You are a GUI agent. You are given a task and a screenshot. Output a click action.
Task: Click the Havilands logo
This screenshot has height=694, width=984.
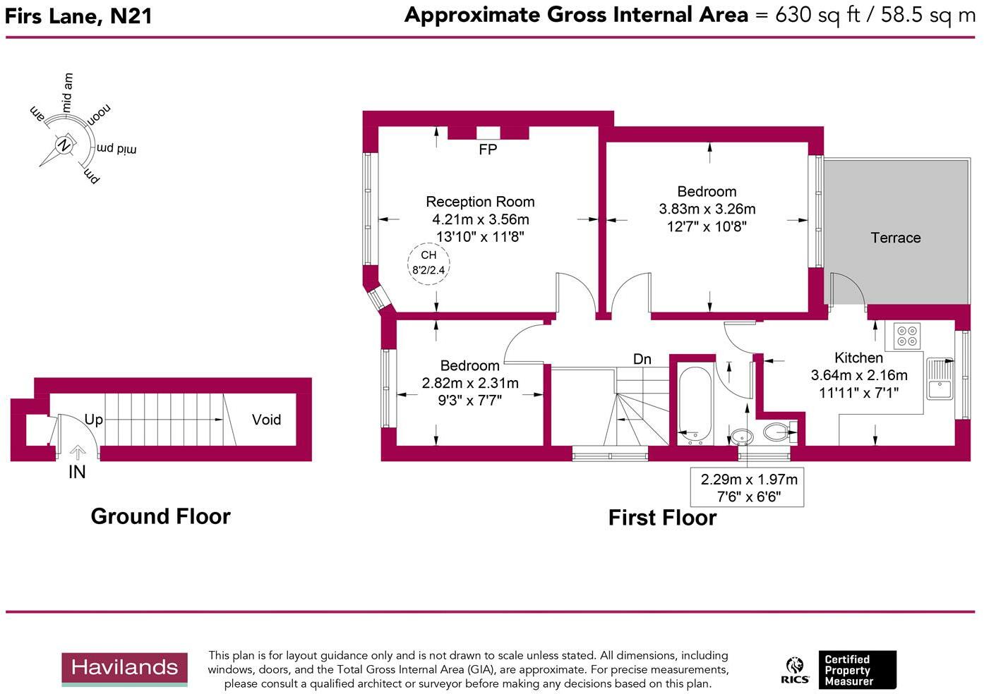[x=124, y=669]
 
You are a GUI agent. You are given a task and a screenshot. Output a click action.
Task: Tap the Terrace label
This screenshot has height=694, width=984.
[x=895, y=238]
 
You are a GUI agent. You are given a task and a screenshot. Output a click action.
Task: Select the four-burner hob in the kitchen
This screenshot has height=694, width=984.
[x=906, y=336]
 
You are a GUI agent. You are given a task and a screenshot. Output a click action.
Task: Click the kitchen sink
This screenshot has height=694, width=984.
[x=940, y=379]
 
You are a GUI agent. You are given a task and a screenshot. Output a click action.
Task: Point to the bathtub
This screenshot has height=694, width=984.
[x=695, y=404]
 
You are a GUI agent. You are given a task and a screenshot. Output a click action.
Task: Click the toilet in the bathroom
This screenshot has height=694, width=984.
[x=780, y=432]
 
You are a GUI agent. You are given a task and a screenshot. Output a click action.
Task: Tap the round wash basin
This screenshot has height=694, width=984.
[x=741, y=437]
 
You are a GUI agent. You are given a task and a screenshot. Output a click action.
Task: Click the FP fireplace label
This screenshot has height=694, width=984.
[x=488, y=150]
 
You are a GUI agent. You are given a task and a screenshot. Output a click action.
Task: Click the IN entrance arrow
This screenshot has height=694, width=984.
[x=78, y=452]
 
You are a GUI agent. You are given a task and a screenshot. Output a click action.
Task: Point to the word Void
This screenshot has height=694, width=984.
[x=266, y=420]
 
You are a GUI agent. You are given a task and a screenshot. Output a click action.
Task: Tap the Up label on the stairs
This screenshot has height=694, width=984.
[x=94, y=420]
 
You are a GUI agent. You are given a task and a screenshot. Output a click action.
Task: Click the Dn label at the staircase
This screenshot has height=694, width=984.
[x=642, y=359]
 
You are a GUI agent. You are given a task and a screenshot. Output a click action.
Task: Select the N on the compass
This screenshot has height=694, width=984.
[x=64, y=145]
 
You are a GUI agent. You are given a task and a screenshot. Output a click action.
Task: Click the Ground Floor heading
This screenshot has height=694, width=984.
[x=160, y=516]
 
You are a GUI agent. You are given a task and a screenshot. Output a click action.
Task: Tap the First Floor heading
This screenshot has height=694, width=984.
[x=662, y=518]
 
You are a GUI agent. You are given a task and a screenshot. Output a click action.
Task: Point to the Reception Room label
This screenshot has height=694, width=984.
[x=480, y=202]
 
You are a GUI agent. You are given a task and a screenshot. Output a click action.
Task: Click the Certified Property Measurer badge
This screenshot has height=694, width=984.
[x=857, y=670]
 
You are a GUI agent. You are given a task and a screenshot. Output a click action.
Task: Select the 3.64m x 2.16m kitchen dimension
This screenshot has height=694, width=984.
[x=859, y=375]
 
